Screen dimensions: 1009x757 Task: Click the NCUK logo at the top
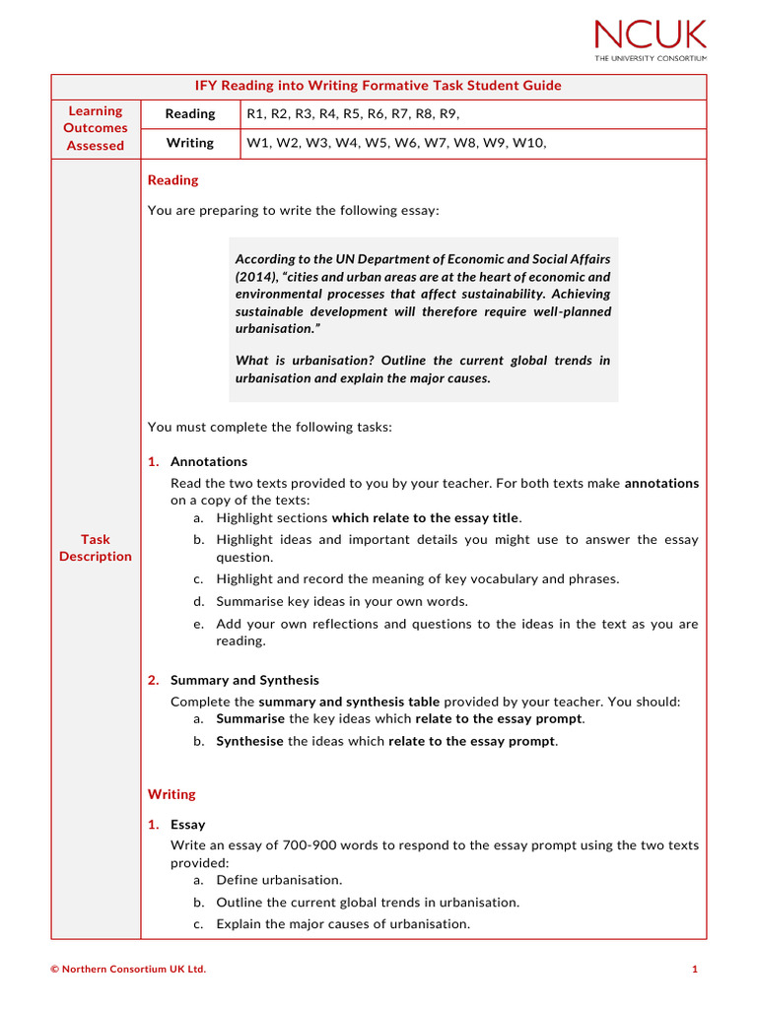(x=650, y=39)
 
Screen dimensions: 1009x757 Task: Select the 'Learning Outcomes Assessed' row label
(x=96, y=128)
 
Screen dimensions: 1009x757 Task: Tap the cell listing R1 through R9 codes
(x=353, y=114)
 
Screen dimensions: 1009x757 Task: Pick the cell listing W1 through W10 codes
(x=395, y=143)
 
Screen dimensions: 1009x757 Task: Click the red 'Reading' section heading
(x=172, y=180)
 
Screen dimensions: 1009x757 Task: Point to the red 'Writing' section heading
(x=172, y=794)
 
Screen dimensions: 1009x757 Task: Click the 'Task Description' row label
(x=96, y=548)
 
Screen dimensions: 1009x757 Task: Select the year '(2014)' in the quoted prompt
(x=256, y=277)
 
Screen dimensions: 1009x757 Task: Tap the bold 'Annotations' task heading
(x=209, y=461)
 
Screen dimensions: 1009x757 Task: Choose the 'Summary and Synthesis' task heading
(x=244, y=680)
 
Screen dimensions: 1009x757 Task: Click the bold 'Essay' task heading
(x=187, y=824)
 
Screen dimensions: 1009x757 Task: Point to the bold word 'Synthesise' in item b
(x=250, y=741)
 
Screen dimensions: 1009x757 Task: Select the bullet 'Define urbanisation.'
(x=279, y=880)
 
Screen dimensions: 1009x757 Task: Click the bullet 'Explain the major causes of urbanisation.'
(x=343, y=924)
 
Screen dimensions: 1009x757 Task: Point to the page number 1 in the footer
(x=694, y=970)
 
